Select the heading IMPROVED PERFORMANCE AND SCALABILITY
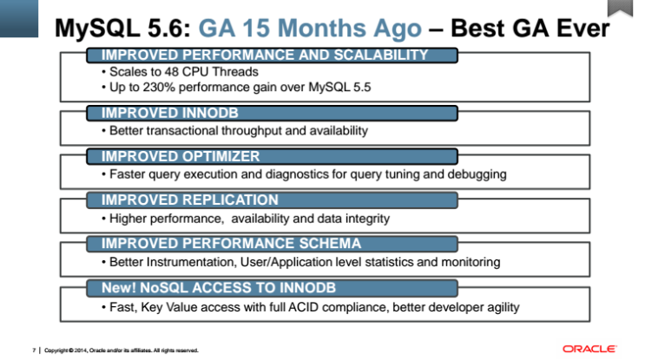pyautogui.click(x=266, y=56)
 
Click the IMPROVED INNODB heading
pyautogui.click(x=158, y=113)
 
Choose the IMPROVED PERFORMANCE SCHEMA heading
pyautogui.click(x=231, y=244)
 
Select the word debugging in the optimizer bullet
pyautogui.click(x=475, y=174)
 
